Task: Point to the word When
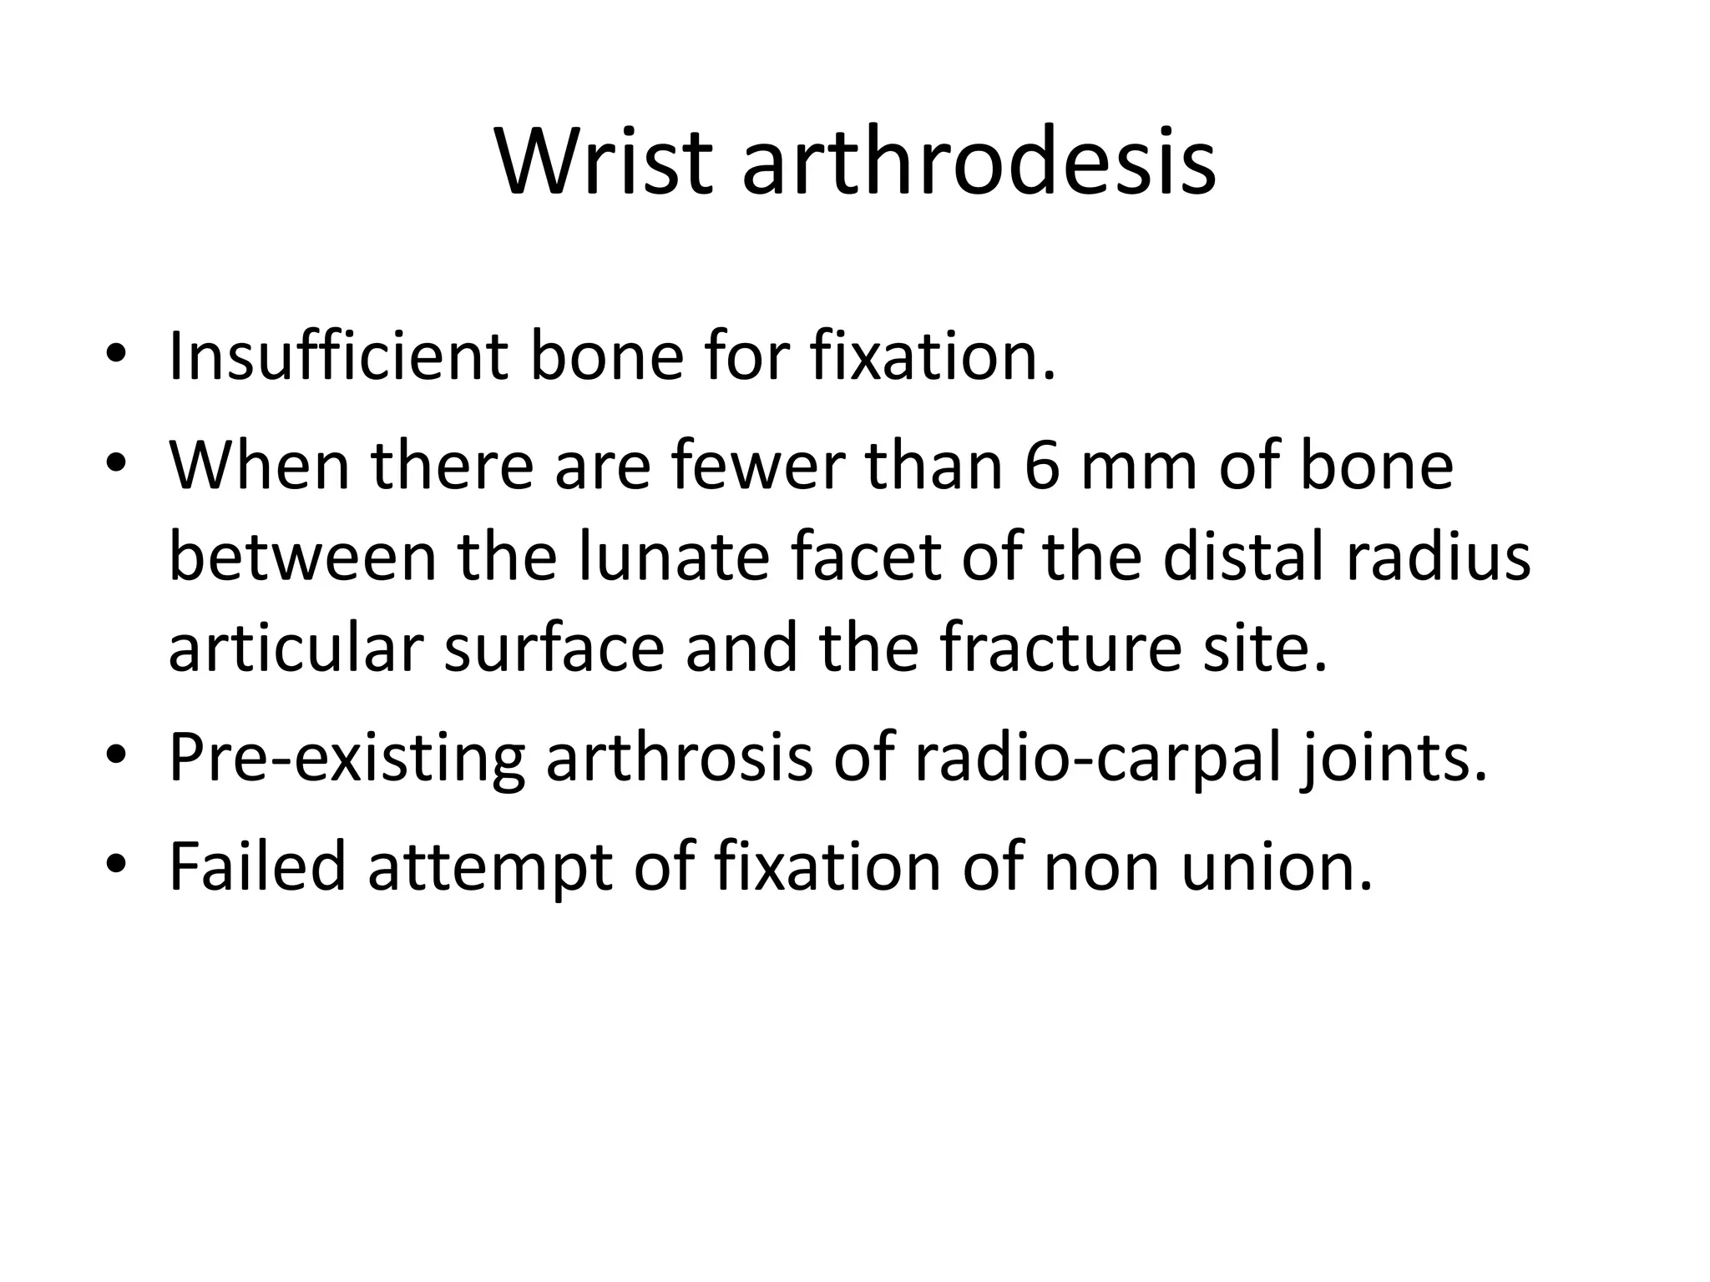(x=260, y=465)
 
